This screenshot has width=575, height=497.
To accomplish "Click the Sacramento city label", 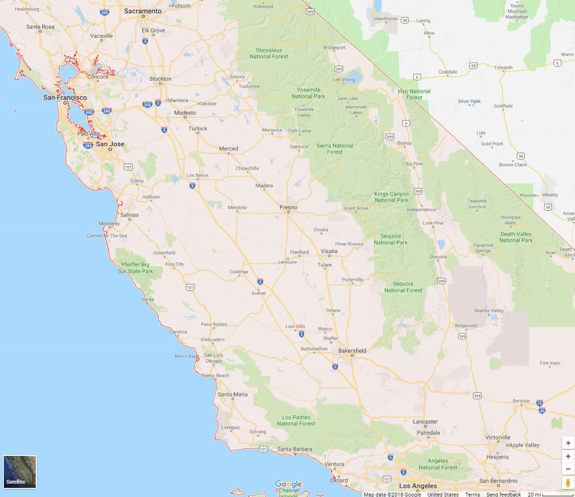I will [x=143, y=11].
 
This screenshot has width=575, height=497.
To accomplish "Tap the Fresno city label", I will [x=288, y=207].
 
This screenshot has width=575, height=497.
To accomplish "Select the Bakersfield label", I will [x=352, y=351].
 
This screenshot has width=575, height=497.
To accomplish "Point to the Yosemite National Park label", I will [x=309, y=93].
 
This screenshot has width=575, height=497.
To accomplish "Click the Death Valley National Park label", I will [x=516, y=237].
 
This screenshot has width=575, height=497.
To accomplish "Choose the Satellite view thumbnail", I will [x=20, y=472].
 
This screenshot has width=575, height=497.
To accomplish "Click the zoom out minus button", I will [x=568, y=469].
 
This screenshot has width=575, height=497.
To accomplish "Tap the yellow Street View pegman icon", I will [x=568, y=483].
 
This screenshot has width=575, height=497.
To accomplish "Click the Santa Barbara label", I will [x=295, y=449].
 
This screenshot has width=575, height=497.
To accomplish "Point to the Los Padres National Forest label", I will [x=296, y=421].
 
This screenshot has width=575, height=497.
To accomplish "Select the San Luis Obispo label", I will [x=213, y=358].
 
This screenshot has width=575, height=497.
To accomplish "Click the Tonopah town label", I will [x=503, y=67].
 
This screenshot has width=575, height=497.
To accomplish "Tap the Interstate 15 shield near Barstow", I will [x=540, y=403].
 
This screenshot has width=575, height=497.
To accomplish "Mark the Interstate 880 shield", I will [x=89, y=113].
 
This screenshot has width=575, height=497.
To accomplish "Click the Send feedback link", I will [x=503, y=494].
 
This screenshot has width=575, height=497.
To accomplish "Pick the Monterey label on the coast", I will [x=109, y=223].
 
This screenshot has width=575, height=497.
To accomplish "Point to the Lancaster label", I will [x=425, y=422].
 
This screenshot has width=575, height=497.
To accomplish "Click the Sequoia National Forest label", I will [x=403, y=287].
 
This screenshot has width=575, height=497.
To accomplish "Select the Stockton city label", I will [x=160, y=79].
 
